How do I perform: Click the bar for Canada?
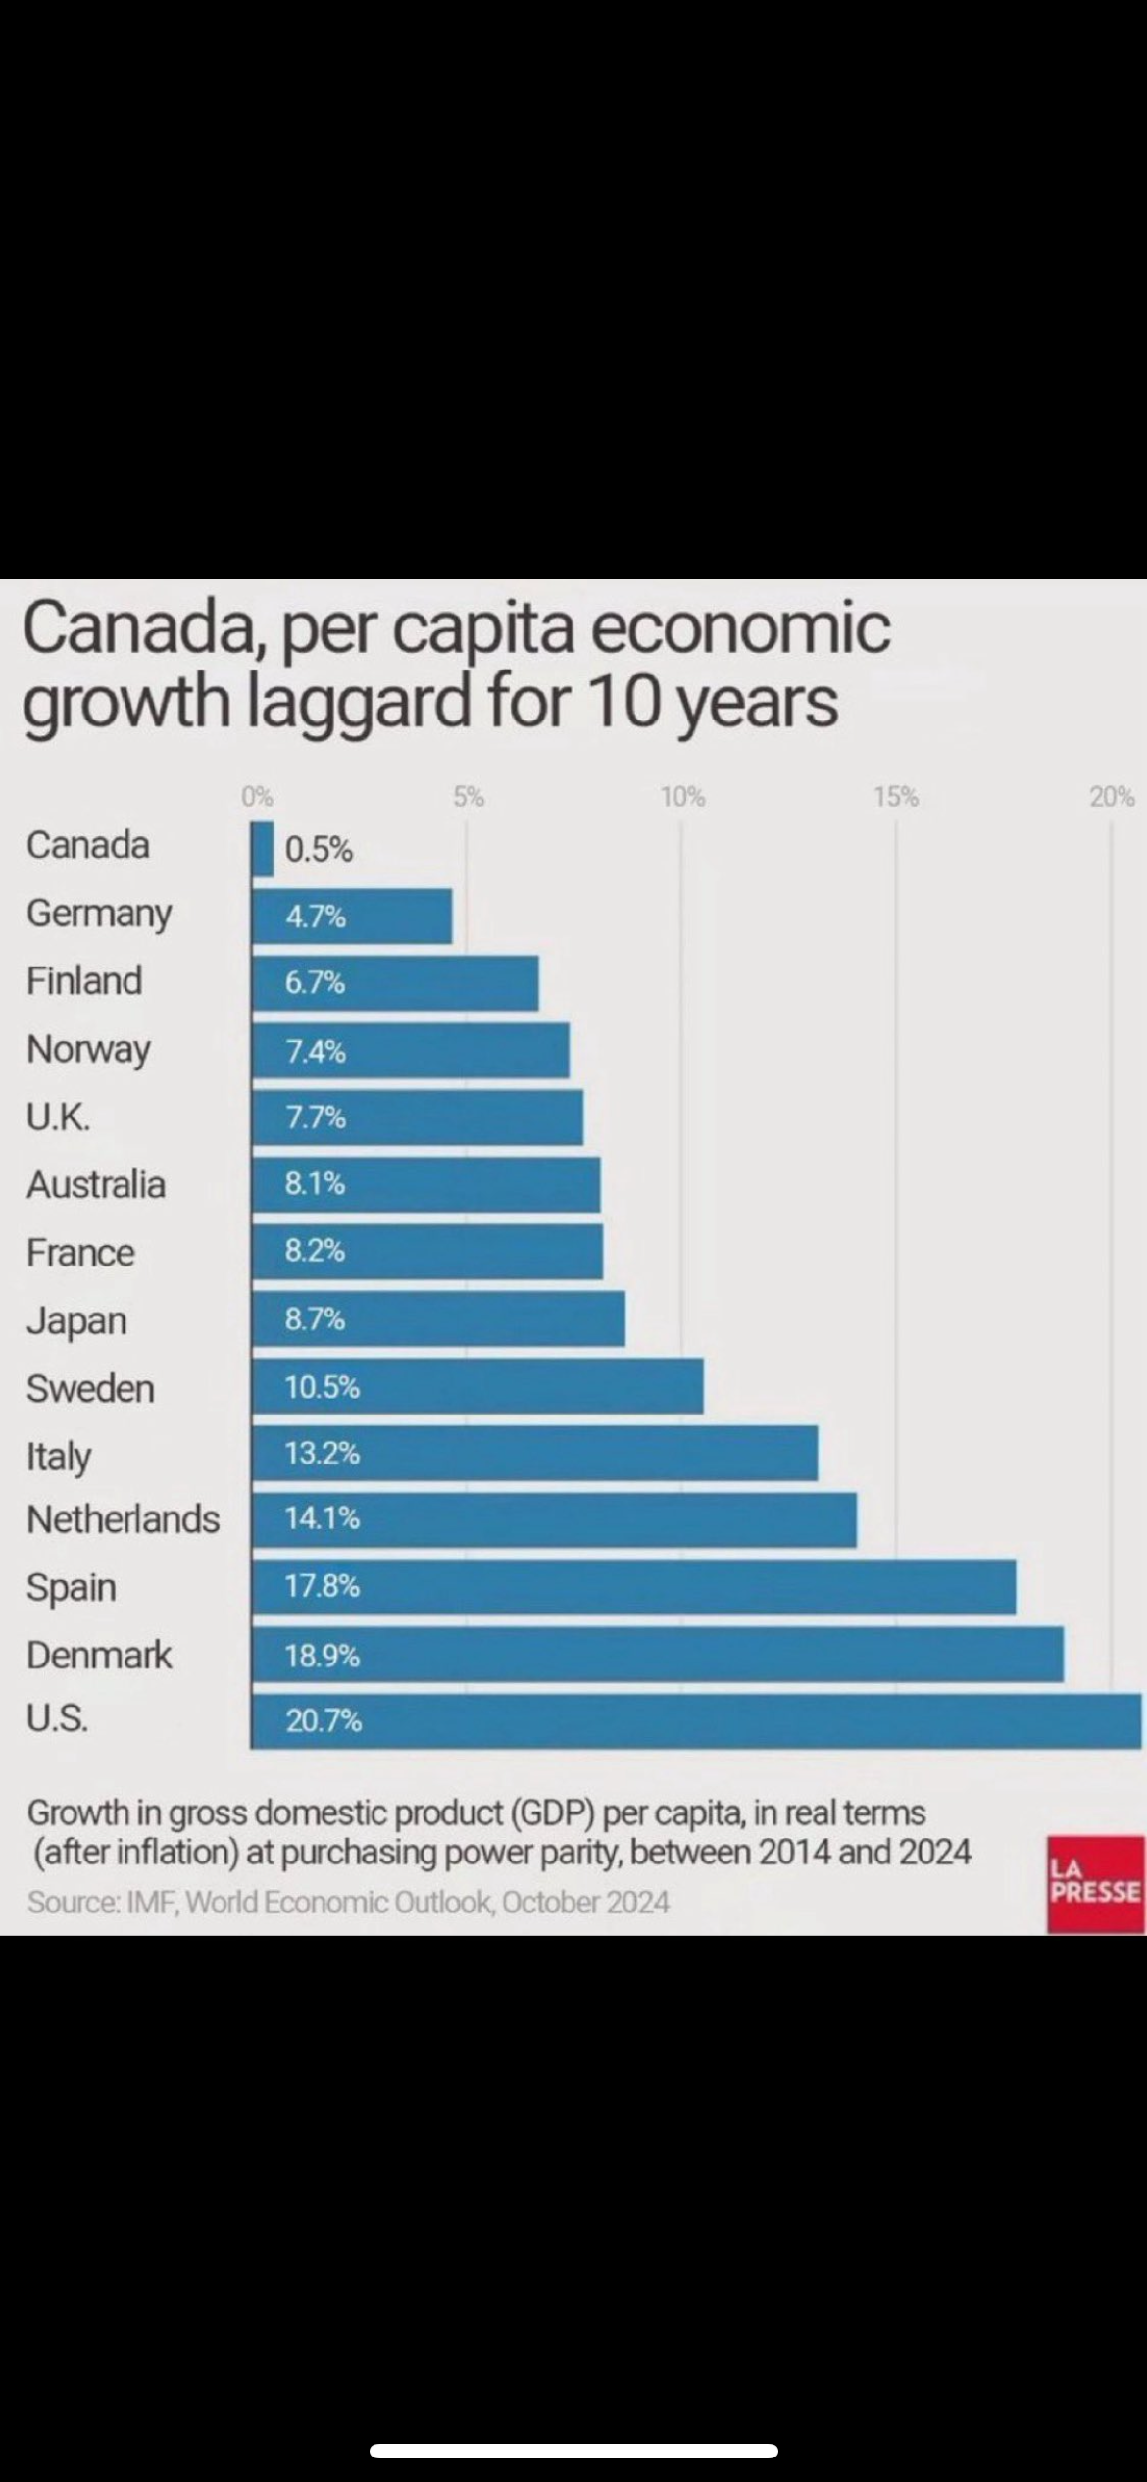click(263, 849)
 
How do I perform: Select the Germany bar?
click(352, 917)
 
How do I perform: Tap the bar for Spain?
click(633, 1586)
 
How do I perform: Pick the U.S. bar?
click(696, 1720)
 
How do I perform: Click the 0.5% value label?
click(319, 849)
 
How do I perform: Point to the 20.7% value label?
click(324, 1720)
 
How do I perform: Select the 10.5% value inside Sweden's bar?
click(323, 1387)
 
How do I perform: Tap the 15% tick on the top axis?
click(896, 797)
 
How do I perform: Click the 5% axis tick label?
click(469, 797)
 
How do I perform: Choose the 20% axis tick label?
click(1112, 797)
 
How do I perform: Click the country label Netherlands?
click(124, 1519)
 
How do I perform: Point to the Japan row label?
click(76, 1320)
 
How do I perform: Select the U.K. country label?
click(59, 1117)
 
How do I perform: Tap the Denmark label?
click(99, 1655)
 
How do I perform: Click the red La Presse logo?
click(1095, 1883)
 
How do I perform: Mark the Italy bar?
click(534, 1453)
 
